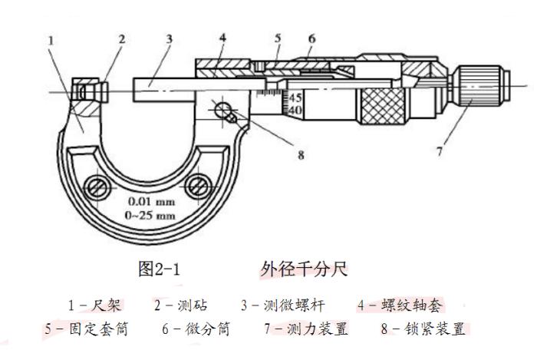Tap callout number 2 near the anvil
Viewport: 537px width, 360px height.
[122, 38]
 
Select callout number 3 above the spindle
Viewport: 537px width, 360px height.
[169, 38]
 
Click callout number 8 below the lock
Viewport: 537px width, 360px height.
[301, 154]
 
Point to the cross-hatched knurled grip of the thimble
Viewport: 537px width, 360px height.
[383, 103]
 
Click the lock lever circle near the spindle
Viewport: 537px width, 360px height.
[225, 109]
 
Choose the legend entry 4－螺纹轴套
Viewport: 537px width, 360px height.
[400, 306]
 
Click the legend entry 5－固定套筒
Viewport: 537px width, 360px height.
[85, 329]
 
